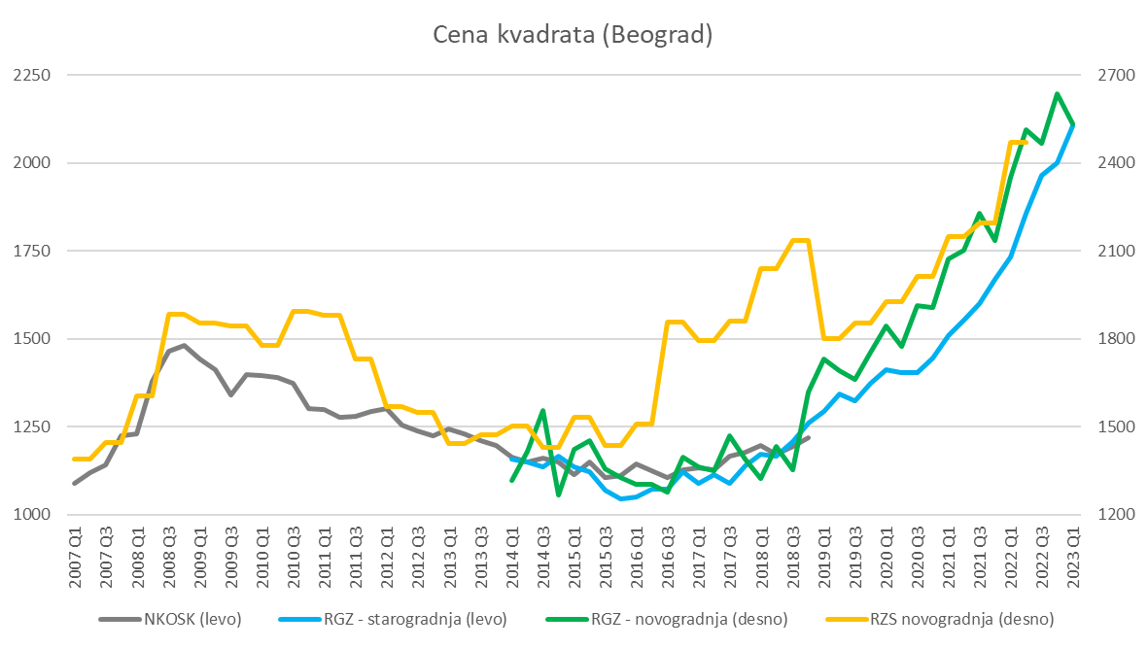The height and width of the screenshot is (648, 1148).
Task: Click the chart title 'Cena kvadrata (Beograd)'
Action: pos(573,36)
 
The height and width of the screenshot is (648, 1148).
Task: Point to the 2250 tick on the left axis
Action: pos(34,76)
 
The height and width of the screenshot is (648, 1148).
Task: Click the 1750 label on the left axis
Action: pos(34,251)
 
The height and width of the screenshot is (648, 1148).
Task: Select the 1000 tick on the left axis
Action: pos(34,514)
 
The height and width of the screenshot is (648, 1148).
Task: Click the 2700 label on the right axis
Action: pos(1107,76)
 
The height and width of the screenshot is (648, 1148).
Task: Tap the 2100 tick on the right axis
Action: pos(1107,251)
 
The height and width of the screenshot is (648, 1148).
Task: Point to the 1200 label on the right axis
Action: pos(1107,514)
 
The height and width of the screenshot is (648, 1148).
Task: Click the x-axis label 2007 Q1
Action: pos(76,559)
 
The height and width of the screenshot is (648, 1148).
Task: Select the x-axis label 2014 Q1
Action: pos(512,559)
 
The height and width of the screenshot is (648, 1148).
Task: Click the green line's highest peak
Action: pos(1058,94)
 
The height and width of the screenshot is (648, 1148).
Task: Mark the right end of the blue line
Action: pos(1073,124)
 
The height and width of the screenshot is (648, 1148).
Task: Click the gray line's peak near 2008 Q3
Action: pos(184,345)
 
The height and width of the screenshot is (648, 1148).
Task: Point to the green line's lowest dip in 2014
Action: pos(558,495)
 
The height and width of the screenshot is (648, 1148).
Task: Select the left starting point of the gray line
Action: pos(75,483)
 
